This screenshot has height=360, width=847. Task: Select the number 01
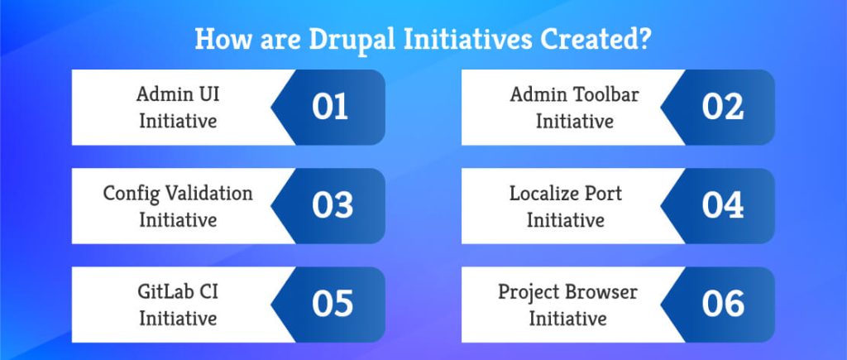click(330, 108)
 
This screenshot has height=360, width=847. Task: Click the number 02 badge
click(722, 108)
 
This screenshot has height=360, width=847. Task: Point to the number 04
click(723, 206)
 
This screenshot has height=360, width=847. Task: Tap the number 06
click(723, 305)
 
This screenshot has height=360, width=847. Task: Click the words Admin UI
click(178, 94)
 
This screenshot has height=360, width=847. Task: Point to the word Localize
click(543, 193)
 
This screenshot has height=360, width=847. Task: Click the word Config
click(125, 193)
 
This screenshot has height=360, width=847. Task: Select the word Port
click(601, 193)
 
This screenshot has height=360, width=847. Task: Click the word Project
click(529, 291)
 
